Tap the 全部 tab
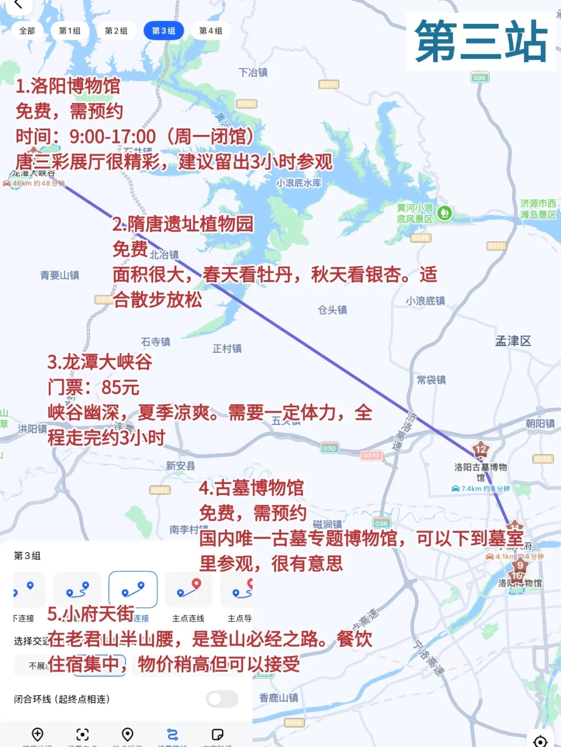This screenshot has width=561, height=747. (27, 31)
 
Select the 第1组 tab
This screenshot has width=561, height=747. (70, 31)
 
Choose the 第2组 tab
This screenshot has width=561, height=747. (116, 31)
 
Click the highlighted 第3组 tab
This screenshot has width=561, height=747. (163, 31)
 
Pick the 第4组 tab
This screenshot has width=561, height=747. (210, 31)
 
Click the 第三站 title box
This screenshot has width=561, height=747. (480, 41)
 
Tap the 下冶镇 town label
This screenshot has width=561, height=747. (253, 73)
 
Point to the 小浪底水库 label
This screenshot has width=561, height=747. (299, 183)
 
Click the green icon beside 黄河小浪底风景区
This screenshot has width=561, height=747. (444, 213)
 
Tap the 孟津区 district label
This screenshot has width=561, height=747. (513, 341)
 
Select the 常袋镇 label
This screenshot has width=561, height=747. (431, 380)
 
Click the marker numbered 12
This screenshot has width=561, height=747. (480, 450)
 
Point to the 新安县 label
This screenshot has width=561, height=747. (181, 466)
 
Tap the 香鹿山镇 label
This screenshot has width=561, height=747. (279, 698)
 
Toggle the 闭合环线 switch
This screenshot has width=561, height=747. (222, 699)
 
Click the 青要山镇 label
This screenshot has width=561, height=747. (60, 275)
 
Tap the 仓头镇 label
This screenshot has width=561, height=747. (332, 310)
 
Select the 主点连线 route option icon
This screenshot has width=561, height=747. (188, 590)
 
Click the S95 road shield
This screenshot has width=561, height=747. (479, 78)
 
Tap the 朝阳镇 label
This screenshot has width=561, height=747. (540, 423)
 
